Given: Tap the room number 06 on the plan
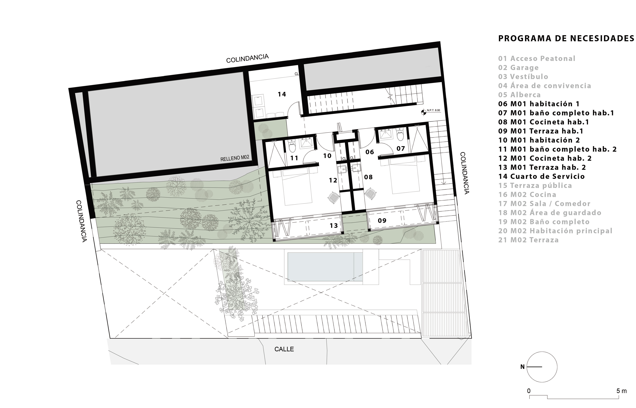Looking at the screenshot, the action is click(x=370, y=152).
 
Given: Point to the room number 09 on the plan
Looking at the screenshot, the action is click(x=382, y=220).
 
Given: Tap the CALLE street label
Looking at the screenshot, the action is click(x=284, y=349).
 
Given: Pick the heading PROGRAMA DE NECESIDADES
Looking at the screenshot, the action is click(x=566, y=38).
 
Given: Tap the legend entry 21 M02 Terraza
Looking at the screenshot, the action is click(x=528, y=240).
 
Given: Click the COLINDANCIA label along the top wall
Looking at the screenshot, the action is click(x=247, y=59).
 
